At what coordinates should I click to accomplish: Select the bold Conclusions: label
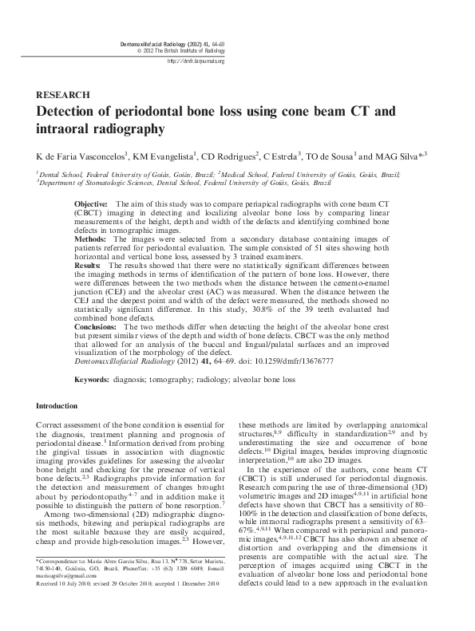point(110,328)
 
